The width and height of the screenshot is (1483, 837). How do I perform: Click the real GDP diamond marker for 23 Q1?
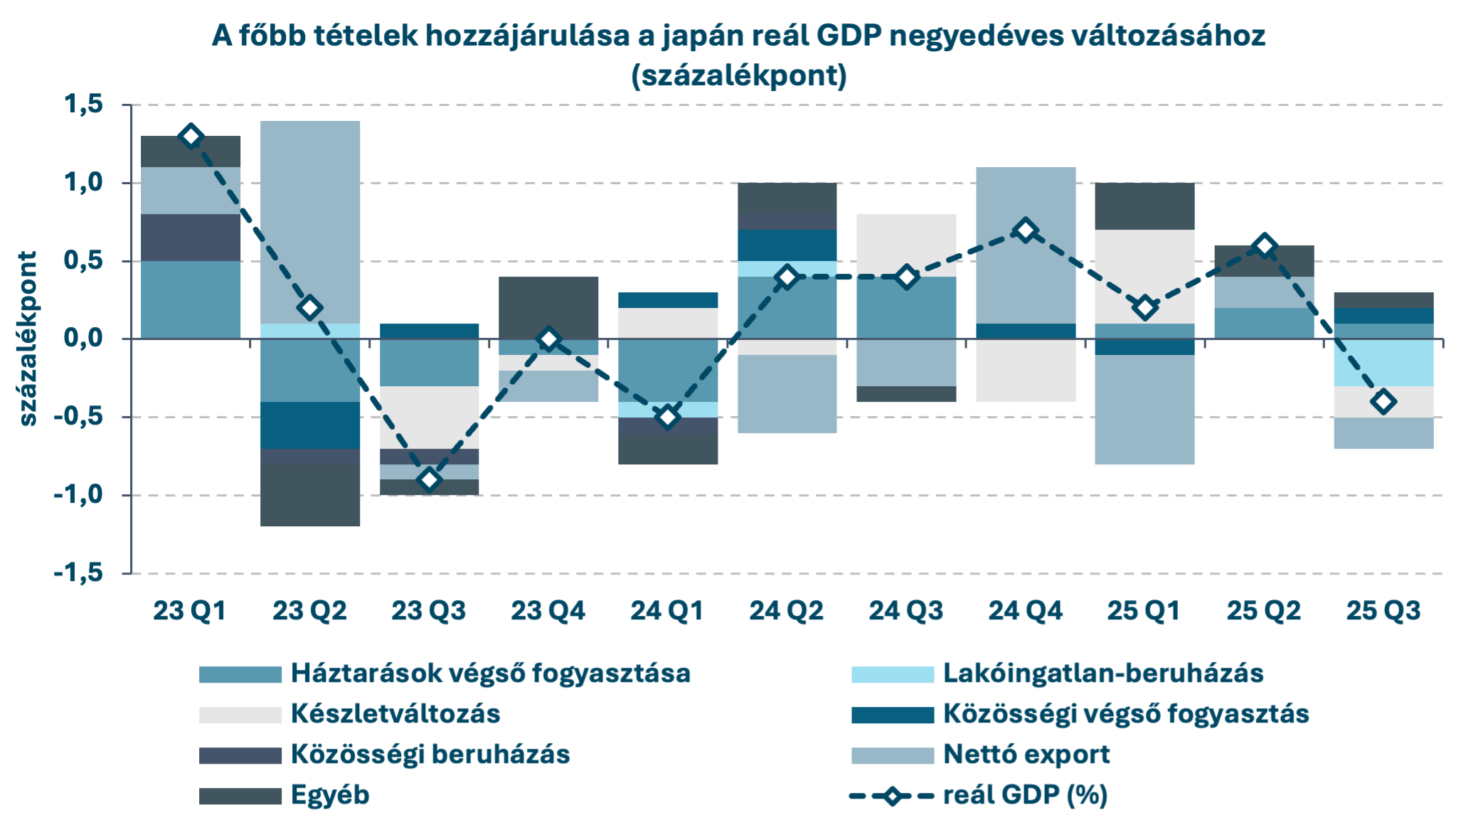click(x=191, y=137)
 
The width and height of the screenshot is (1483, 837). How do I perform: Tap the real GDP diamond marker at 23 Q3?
click(x=429, y=480)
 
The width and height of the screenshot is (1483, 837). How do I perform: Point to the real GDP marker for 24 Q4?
click(x=1025, y=230)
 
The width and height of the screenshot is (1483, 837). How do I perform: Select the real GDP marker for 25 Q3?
click(x=1383, y=402)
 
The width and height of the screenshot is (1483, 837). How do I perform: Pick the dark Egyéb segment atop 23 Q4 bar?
click(x=548, y=307)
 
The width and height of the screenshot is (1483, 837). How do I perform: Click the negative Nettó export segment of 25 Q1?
click(x=1144, y=410)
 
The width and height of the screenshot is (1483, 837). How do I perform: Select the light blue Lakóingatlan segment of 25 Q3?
click(x=1383, y=363)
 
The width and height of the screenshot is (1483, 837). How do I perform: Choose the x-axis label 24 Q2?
click(x=786, y=611)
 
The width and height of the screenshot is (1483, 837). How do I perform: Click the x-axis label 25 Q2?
click(x=1263, y=611)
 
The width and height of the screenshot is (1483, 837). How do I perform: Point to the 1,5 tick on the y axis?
click(x=83, y=105)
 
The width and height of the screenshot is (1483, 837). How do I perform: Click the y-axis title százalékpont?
click(x=27, y=338)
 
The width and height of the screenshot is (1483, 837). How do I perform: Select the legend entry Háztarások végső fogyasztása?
click(x=490, y=673)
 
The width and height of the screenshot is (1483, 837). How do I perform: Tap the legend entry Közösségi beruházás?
click(x=430, y=755)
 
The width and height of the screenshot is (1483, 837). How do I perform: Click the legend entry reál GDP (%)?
click(x=1025, y=795)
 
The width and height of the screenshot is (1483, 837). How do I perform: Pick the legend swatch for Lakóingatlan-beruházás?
click(x=893, y=674)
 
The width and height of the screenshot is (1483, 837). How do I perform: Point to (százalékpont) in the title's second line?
click(x=739, y=75)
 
